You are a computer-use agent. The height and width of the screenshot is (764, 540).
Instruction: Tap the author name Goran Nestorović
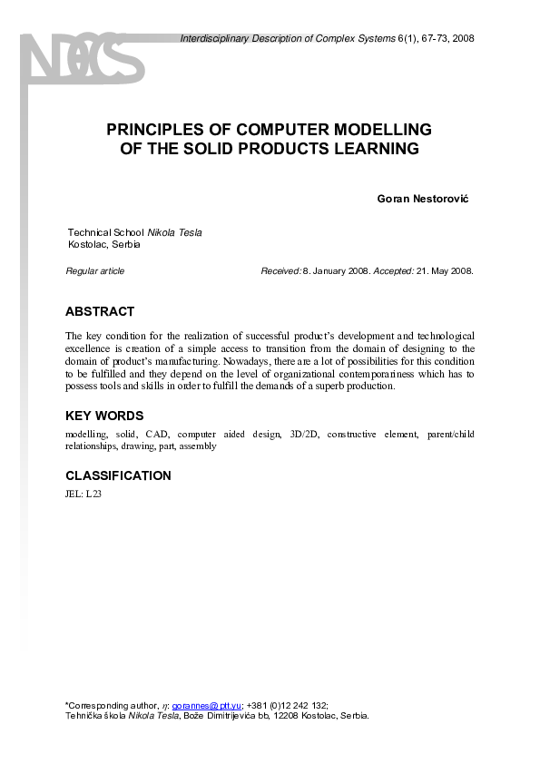(x=426, y=199)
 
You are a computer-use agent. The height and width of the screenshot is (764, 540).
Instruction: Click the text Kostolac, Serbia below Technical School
(x=104, y=245)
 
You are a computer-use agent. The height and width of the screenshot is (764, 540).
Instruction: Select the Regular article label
(x=95, y=271)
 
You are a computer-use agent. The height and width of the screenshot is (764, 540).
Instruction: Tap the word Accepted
(x=394, y=271)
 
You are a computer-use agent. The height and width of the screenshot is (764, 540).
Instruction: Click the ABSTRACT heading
(x=100, y=311)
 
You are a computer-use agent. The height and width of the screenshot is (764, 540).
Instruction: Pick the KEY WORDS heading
(x=104, y=416)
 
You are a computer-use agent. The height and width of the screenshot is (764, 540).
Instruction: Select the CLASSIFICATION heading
(x=118, y=475)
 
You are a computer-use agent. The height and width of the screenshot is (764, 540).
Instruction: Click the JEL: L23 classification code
(x=84, y=494)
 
